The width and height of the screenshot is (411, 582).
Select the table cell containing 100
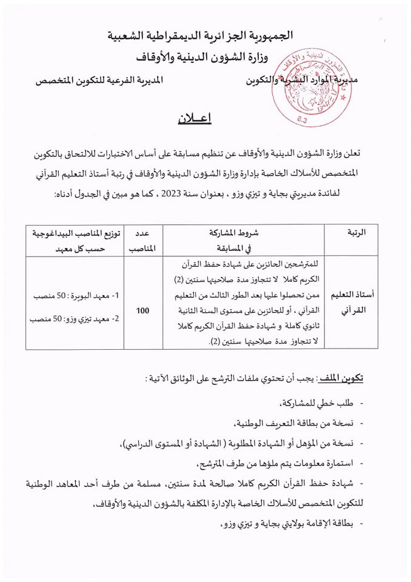click(143, 310)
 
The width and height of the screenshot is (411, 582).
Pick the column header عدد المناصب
click(143, 240)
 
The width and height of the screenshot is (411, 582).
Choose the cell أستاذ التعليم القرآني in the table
click(354, 303)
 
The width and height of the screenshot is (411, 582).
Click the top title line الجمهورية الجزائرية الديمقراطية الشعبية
click(207, 36)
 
